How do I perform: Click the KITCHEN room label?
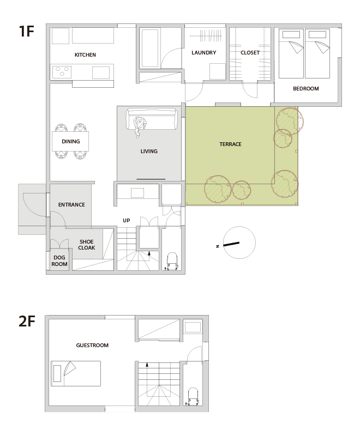pos(85,55)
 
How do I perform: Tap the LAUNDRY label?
pos(203,52)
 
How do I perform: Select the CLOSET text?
pos(250,52)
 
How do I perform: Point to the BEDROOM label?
pos(306,89)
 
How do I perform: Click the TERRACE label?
pos(230,144)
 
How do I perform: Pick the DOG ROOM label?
pos(59,261)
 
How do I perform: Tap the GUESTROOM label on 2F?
pos(92,346)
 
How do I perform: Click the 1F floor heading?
pos(26,31)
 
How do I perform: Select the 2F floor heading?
pos(27,321)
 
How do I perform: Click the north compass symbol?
pos(239,243)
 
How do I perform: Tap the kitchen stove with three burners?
pos(62,72)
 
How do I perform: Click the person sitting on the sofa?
pos(139,126)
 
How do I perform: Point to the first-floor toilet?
pos(172,262)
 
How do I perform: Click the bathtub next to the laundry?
pos(150,48)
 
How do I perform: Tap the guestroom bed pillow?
pos(57,374)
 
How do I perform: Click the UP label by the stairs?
pos(127,221)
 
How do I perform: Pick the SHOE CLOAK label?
pos(87,245)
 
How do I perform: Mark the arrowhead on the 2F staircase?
pos(147,365)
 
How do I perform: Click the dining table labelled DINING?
pos(70,141)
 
